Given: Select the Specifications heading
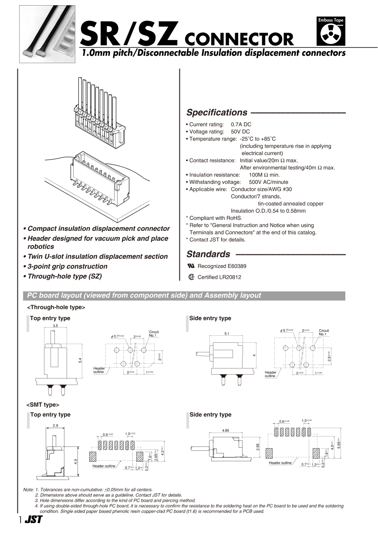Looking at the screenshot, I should tap(216, 112).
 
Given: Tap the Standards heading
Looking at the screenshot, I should tap(208, 254).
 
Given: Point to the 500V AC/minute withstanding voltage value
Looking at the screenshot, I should tap(268, 182).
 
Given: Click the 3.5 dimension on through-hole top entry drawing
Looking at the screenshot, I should tap(55, 326).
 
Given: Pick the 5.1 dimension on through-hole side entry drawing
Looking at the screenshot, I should tap(227, 334).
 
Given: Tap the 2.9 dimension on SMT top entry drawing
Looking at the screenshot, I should tap(55, 425).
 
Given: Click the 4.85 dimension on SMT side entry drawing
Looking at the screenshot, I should tap(226, 430).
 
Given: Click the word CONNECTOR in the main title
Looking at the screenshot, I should tap(239, 40).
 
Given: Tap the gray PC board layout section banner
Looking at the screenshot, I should tap(183, 296).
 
